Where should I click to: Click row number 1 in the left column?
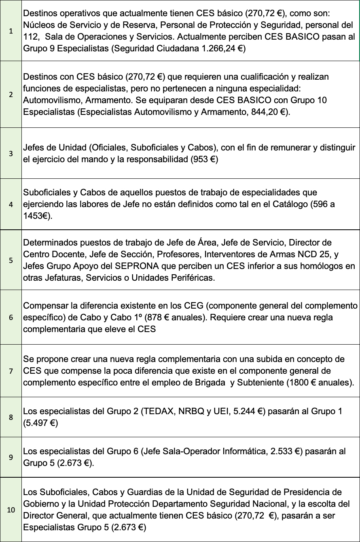(x=11, y=31)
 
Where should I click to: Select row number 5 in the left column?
(x=11, y=260)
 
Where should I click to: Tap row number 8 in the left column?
(x=11, y=417)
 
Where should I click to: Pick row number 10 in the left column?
(x=11, y=510)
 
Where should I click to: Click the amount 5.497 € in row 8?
(x=40, y=423)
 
